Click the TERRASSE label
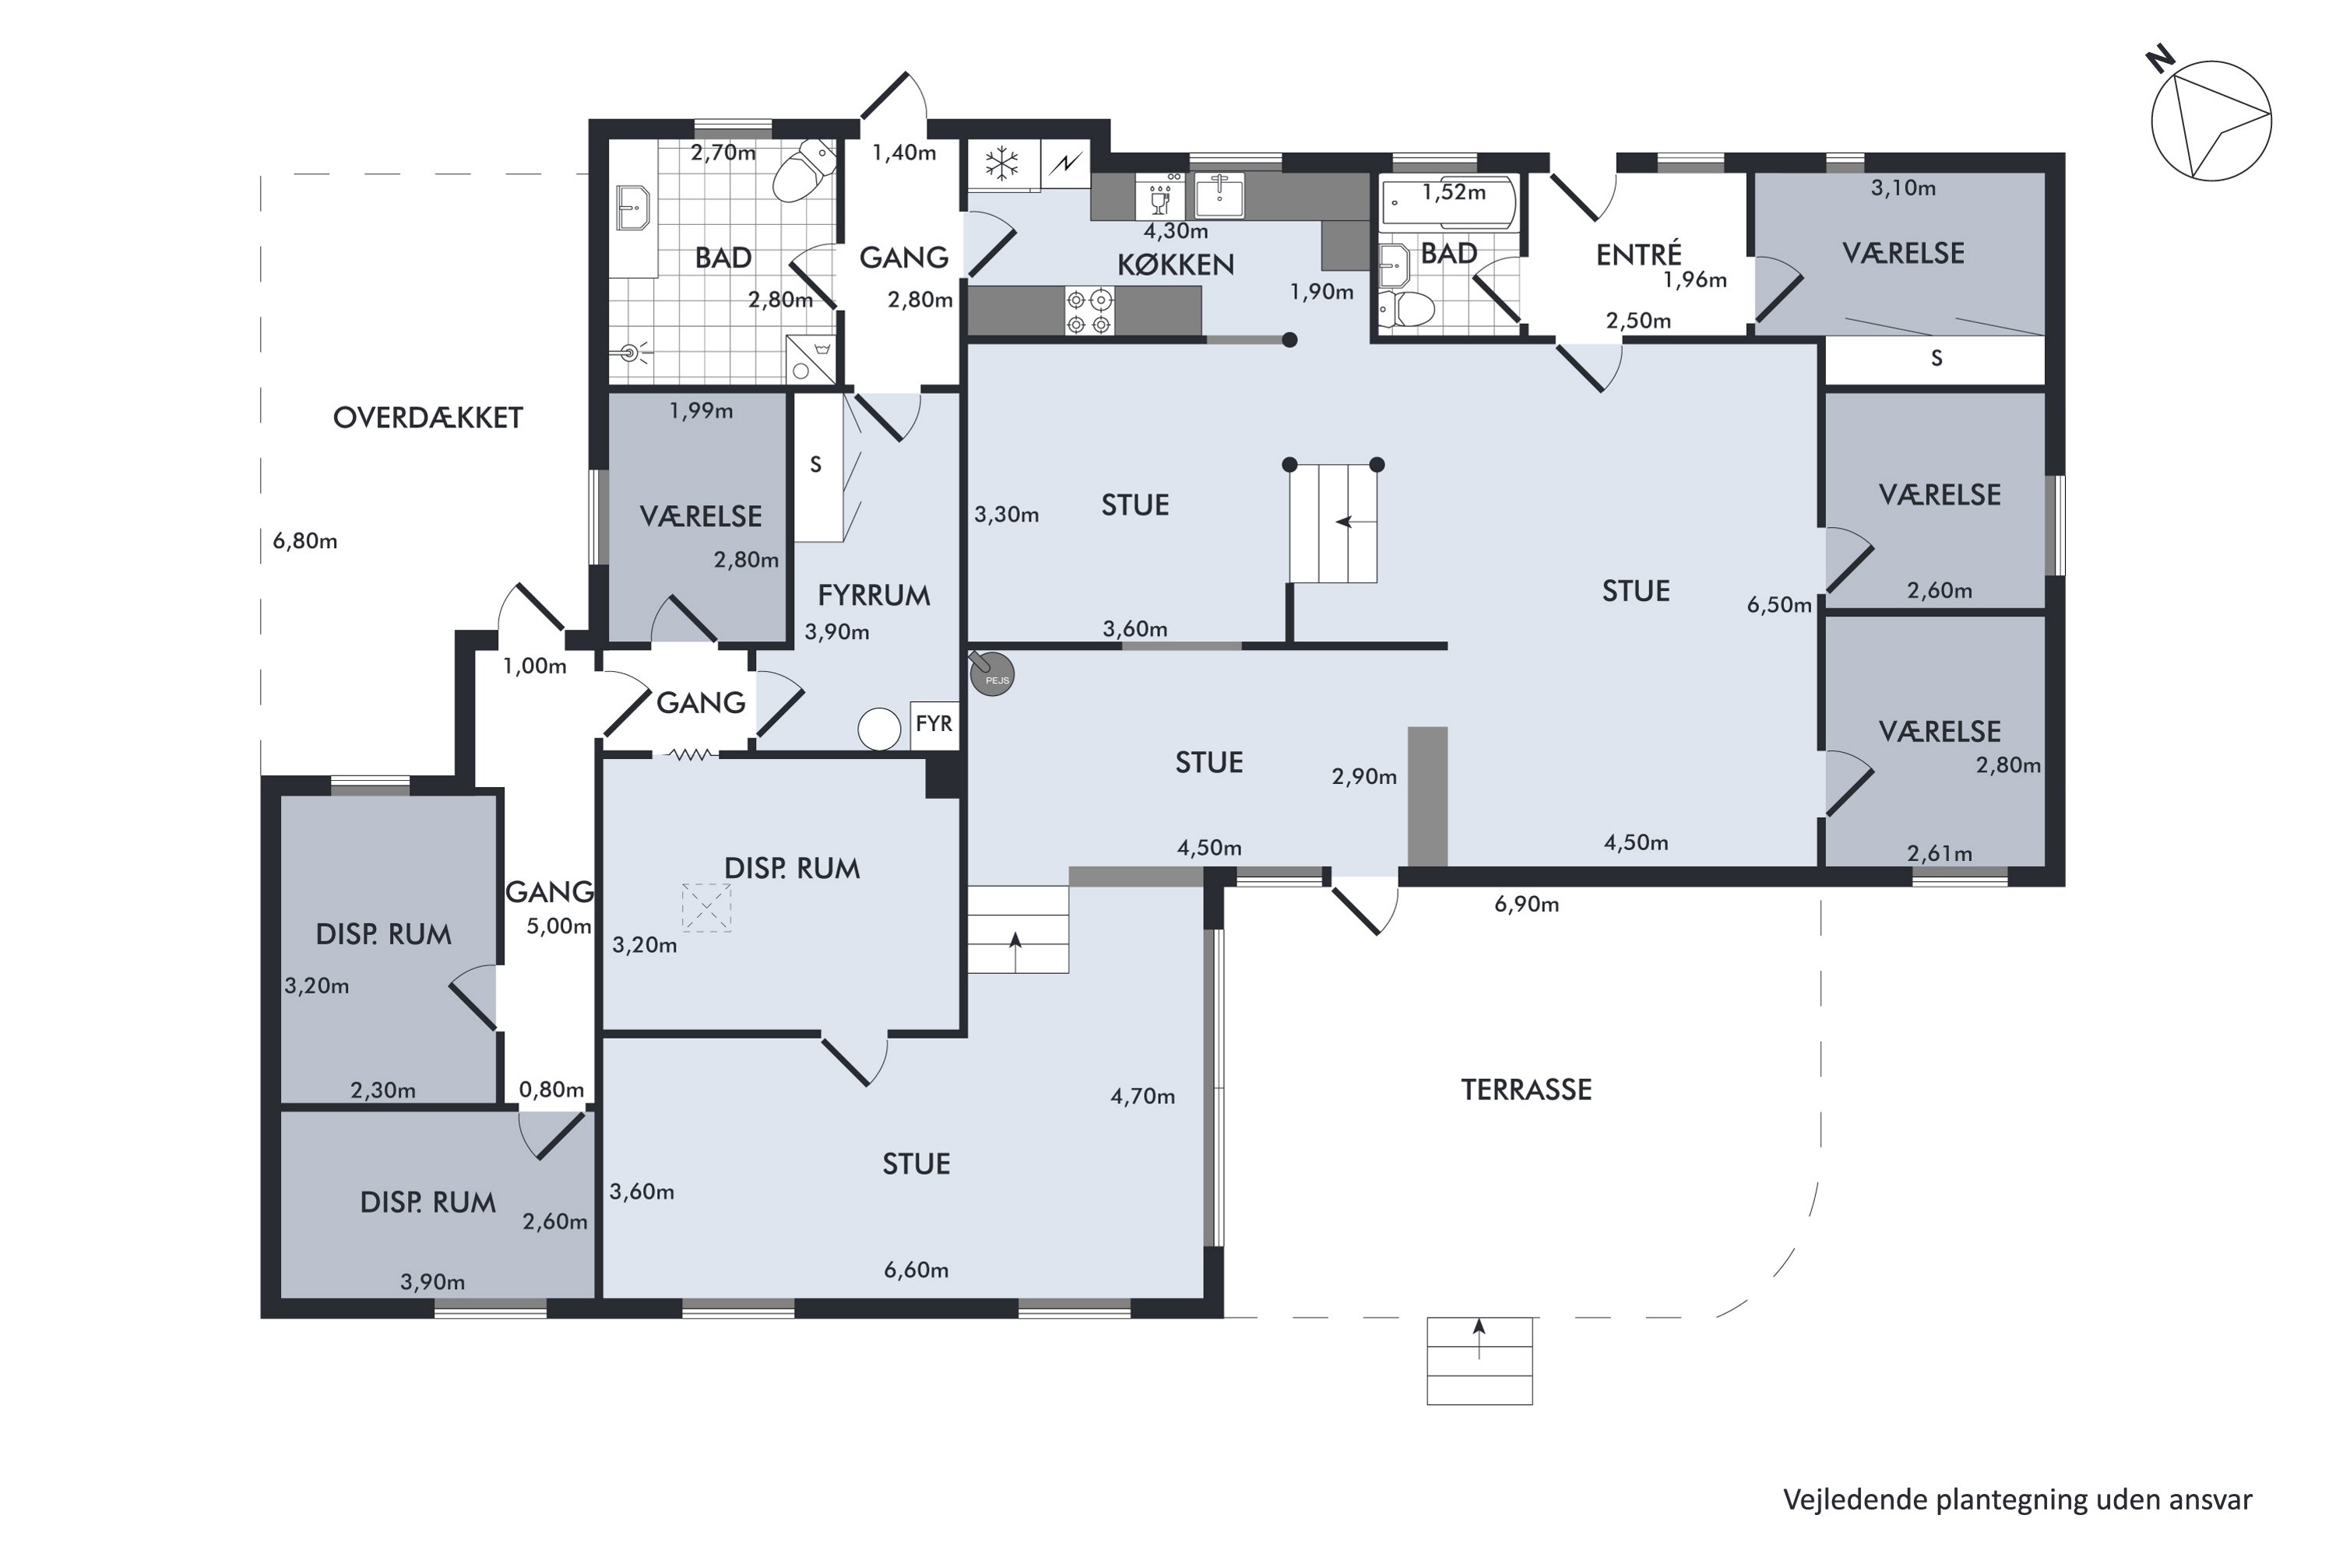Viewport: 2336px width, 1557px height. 1525,1091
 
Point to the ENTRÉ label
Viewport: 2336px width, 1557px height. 1639,255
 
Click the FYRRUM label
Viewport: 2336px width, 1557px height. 874,596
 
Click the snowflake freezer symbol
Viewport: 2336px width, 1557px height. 1002,163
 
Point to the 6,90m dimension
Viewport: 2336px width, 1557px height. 1526,905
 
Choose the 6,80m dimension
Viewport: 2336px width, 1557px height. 305,541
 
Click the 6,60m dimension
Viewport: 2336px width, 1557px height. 916,1270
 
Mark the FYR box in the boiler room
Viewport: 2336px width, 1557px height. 934,725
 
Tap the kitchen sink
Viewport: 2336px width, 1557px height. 1219,195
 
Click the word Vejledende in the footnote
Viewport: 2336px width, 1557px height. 1854,1499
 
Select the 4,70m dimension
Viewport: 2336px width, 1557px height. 1142,1096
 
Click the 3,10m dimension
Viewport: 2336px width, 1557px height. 1903,188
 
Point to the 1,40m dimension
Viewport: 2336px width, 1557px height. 904,153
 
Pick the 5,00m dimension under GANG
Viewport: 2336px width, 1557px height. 559,926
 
